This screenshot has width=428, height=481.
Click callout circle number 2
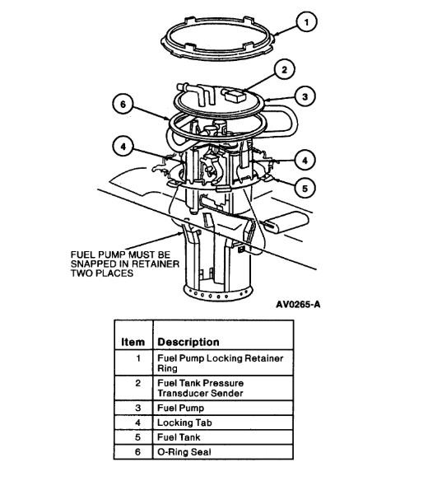tap(284, 70)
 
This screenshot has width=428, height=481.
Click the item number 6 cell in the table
tap(137, 453)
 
